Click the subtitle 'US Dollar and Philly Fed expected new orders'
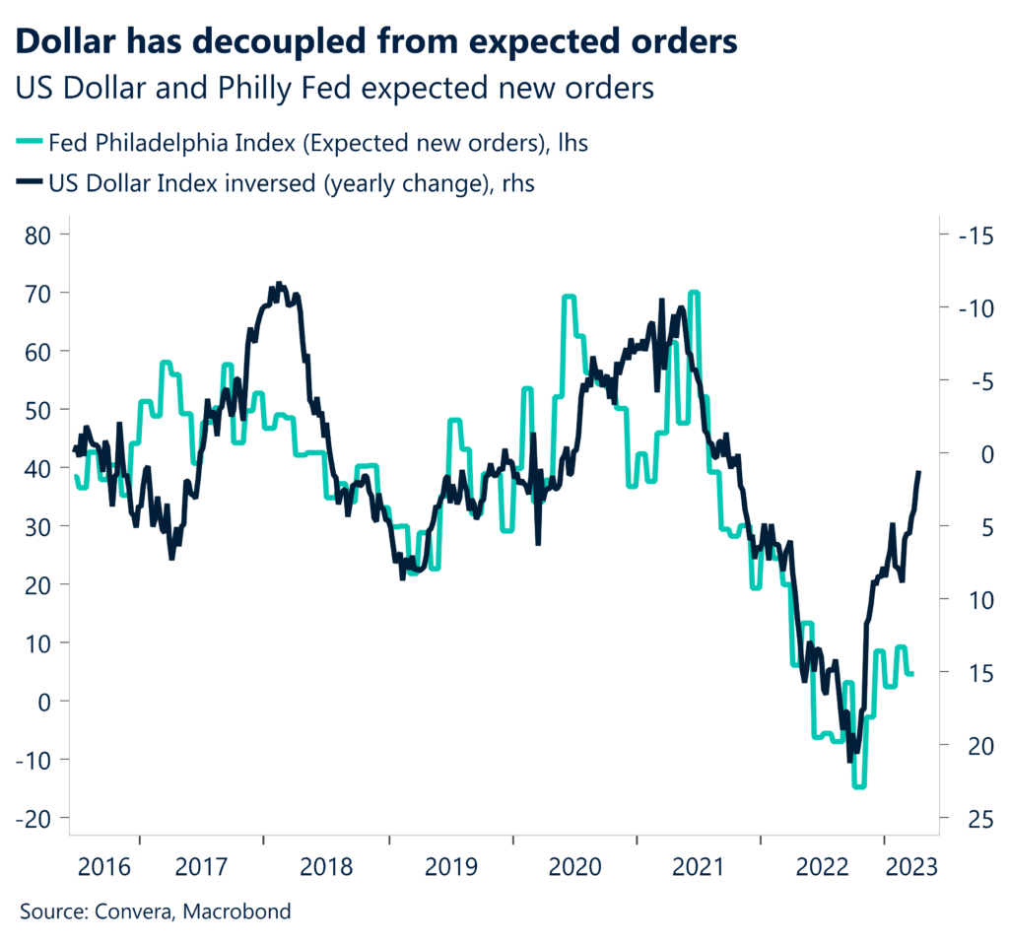click(335, 88)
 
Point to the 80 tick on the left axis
click(38, 235)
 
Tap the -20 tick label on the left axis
click(34, 818)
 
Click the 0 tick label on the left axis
click(45, 702)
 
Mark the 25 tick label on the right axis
click(964, 818)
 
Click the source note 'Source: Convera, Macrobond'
click(156, 911)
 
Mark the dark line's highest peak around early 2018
click(279, 284)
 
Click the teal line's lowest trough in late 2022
click(858, 786)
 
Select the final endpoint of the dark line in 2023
click(919, 473)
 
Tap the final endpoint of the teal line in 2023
click(911, 674)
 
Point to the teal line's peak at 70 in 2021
click(694, 293)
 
